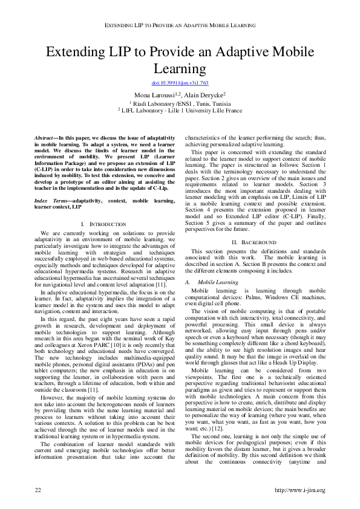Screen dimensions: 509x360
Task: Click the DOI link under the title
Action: coord(180,82)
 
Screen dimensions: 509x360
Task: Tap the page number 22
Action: coord(38,489)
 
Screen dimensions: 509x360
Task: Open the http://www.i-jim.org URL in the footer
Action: coord(300,489)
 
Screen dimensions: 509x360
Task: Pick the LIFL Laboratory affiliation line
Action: coord(180,111)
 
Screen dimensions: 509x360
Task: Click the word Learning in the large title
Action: coord(180,68)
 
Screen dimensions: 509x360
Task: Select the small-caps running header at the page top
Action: coord(180,26)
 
